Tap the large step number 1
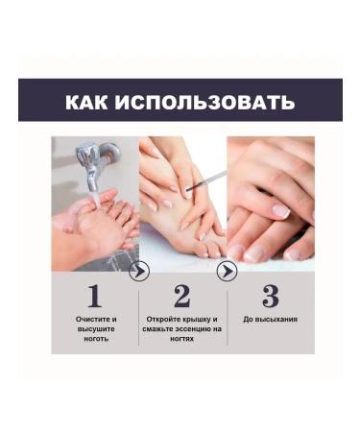94,295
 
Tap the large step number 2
181,295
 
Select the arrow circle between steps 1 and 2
138,272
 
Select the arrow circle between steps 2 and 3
227,272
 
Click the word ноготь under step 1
95,339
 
